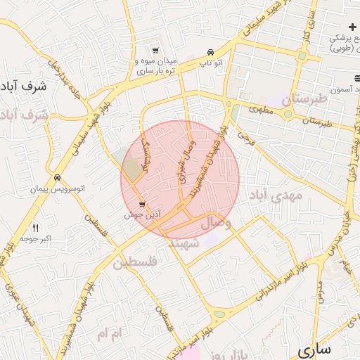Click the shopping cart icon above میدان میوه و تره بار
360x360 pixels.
(x=155, y=51)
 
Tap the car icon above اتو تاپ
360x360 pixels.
(x=211, y=53)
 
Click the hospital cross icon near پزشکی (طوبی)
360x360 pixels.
(x=352, y=27)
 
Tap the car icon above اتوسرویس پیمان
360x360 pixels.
(x=56, y=178)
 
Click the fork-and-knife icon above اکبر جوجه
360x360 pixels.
(x=35, y=228)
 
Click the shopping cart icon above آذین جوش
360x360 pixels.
(x=143, y=205)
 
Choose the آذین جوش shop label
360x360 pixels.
(x=139, y=214)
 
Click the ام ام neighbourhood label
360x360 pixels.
(x=111, y=332)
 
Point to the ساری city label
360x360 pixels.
(x=314, y=349)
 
